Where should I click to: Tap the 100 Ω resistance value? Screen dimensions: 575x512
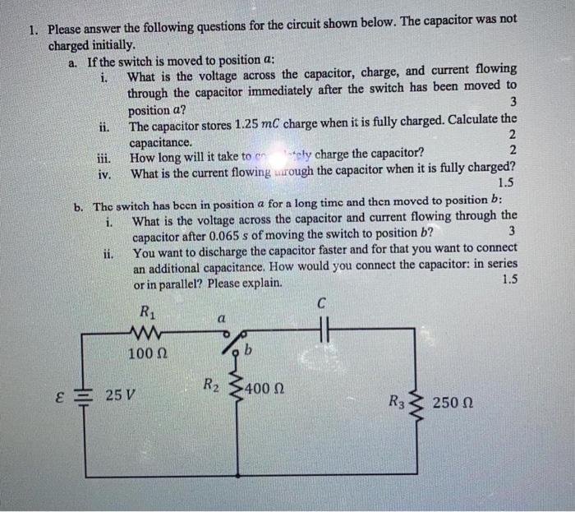pos(148,353)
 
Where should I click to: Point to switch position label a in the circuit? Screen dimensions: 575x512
pos(221,316)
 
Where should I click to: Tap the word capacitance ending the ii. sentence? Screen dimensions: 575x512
pos(160,143)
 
